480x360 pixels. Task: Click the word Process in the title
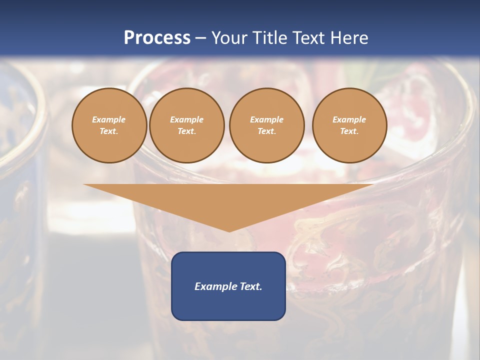point(157,38)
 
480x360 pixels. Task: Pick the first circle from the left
point(109,125)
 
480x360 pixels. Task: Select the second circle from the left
point(186,125)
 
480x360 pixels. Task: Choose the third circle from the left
point(266,125)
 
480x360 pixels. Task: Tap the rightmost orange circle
point(349,125)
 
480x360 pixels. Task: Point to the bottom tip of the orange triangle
point(229,230)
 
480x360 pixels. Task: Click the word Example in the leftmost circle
point(109,120)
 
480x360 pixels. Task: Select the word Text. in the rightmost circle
point(349,131)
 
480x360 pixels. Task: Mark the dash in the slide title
point(201,38)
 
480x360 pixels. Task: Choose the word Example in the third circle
point(266,120)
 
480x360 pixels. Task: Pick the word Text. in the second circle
point(186,131)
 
